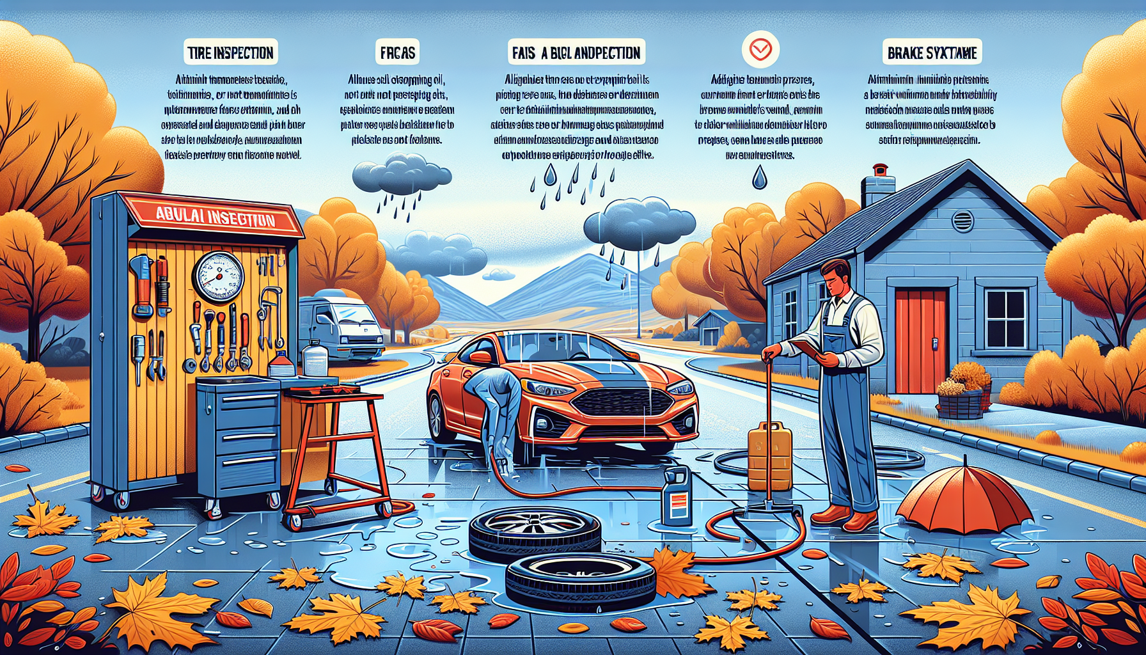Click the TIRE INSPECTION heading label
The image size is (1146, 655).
231,52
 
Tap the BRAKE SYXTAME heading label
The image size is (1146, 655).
932,52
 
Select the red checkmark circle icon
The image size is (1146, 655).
760,49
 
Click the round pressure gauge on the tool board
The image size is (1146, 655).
218,277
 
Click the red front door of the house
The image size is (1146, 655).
920,340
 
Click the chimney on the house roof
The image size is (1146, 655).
878,185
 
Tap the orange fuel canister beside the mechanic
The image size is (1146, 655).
769,455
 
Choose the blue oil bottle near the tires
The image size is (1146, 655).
677,496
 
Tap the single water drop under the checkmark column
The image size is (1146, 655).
759,177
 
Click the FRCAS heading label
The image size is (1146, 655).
398,52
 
